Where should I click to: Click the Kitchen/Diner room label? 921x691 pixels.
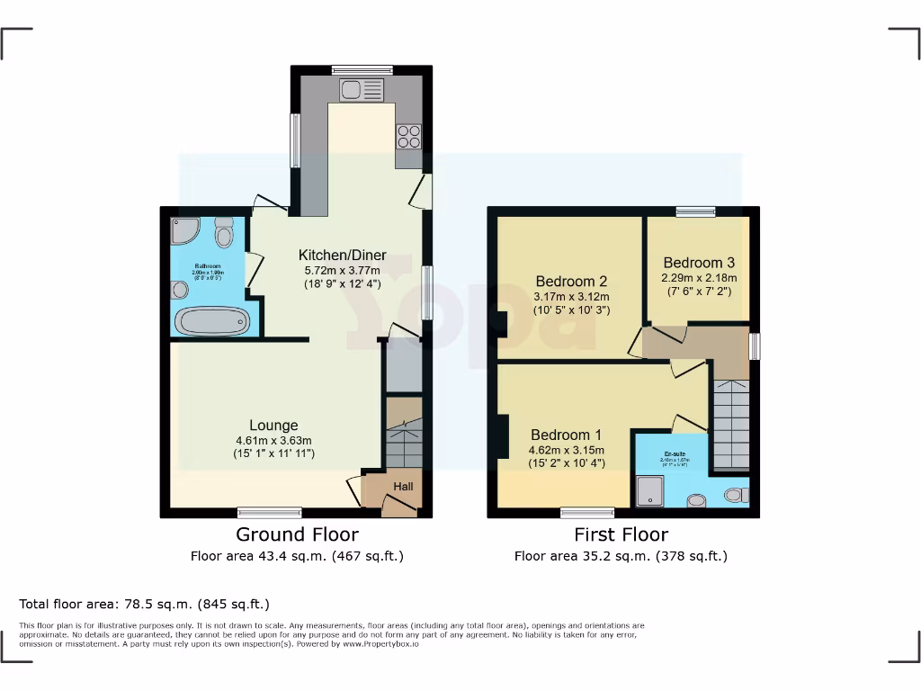tap(343, 256)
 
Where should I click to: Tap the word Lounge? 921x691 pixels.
tap(273, 426)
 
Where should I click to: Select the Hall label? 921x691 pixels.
tap(403, 487)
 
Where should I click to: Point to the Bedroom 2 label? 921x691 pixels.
tap(572, 281)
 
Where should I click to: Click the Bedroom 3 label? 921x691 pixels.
tap(699, 263)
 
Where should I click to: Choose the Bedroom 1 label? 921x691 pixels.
tap(567, 435)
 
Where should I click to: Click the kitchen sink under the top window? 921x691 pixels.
tap(361, 89)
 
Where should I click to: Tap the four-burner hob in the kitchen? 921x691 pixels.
tap(408, 135)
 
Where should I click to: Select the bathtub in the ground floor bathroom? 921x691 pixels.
tap(210, 321)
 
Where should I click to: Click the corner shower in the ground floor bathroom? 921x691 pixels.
tap(184, 230)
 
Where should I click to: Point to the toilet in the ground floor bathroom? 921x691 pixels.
tap(224, 235)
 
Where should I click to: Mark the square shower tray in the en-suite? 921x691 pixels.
tap(648, 491)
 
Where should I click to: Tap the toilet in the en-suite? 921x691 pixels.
tap(735, 494)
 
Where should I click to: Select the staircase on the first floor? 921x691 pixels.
tap(730, 423)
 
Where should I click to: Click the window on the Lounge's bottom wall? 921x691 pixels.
tap(270, 513)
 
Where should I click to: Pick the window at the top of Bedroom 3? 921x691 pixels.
tap(696, 211)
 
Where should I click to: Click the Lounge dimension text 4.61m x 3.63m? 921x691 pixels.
tap(273, 441)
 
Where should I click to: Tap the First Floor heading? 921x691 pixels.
tap(621, 535)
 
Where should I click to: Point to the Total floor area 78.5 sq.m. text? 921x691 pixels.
tap(144, 604)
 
